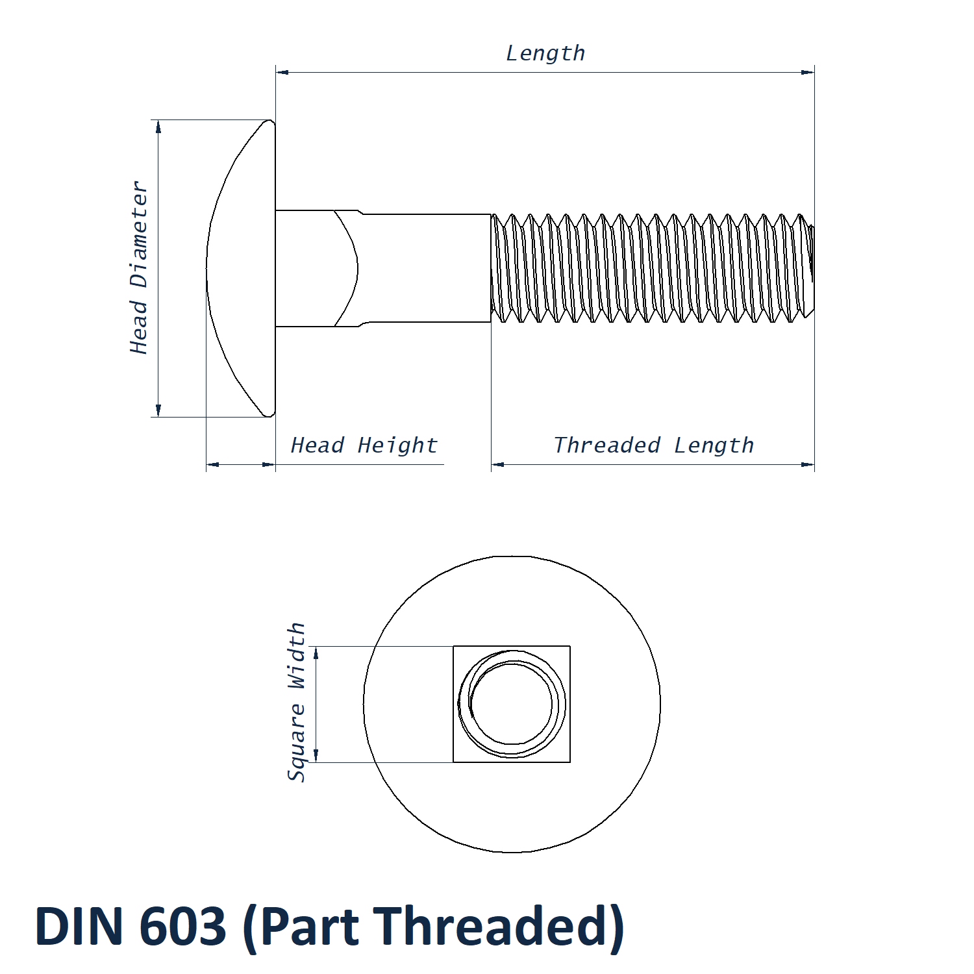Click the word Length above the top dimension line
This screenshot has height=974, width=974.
(x=545, y=53)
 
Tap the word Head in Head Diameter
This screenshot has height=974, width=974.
(x=139, y=327)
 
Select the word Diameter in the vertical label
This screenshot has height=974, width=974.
(x=139, y=234)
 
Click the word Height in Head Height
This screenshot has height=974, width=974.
(x=397, y=445)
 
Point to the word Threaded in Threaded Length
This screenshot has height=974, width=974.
(x=607, y=445)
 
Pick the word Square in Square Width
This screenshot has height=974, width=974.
(x=296, y=742)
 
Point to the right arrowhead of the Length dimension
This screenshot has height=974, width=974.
(x=808, y=72)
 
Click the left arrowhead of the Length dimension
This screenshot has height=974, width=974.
(x=282, y=72)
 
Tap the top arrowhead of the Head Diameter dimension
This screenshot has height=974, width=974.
(x=158, y=127)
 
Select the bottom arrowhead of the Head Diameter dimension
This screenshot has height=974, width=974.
(x=158, y=410)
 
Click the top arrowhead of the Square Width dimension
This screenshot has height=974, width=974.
(x=316, y=653)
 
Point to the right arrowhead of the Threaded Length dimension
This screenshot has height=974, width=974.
(x=808, y=464)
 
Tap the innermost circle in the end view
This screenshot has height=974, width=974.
(x=512, y=704)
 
